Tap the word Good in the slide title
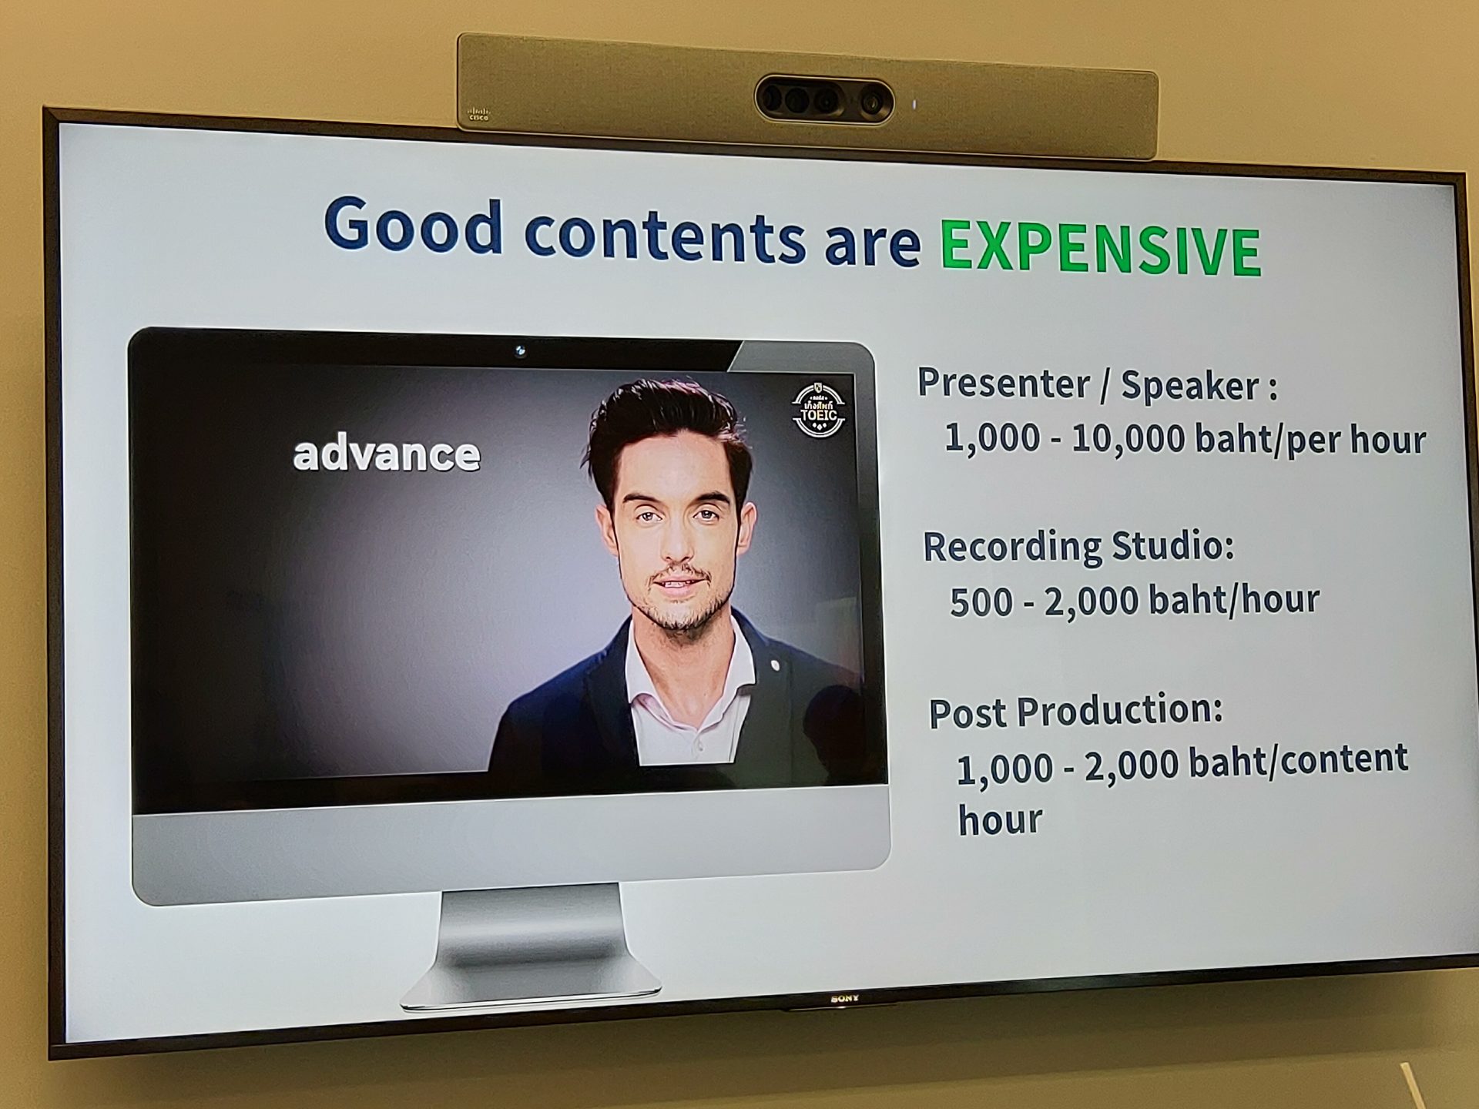[x=414, y=224]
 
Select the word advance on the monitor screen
[x=386, y=454]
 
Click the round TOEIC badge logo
[x=819, y=409]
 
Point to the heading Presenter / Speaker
[x=1097, y=384]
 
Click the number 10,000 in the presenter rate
[x=1128, y=437]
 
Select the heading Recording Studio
[x=1078, y=548]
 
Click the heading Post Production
[x=1075, y=711]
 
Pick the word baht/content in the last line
[x=1298, y=760]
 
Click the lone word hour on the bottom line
[x=1000, y=819]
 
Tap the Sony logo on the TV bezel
[x=844, y=999]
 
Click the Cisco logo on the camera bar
[x=478, y=115]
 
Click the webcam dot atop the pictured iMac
[x=520, y=351]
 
